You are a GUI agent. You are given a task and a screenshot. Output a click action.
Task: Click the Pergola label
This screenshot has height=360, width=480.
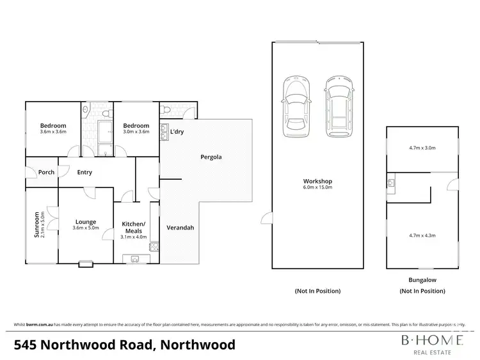click(211, 156)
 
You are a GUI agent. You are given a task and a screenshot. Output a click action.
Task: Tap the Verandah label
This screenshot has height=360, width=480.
click(180, 228)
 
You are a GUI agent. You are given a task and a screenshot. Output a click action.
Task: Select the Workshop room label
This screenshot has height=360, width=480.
click(317, 181)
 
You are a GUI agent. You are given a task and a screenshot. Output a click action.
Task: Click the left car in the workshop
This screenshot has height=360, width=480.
click(296, 107)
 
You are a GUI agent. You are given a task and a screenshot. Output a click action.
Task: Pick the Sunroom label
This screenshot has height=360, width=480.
click(36, 225)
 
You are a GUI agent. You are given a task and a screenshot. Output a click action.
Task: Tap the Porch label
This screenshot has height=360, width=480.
click(46, 172)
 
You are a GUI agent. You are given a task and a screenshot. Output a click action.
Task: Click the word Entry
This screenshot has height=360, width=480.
click(84, 172)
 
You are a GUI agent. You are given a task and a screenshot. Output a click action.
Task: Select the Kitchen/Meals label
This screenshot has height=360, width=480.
click(134, 227)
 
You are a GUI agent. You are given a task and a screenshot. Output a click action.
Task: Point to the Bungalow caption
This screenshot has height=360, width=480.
click(422, 279)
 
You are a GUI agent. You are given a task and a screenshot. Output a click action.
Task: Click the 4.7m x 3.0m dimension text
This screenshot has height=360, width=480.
click(422, 148)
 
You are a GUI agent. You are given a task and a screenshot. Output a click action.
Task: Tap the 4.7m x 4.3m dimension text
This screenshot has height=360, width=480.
click(422, 235)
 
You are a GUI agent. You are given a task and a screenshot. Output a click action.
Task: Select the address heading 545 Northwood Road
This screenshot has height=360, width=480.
click(124, 345)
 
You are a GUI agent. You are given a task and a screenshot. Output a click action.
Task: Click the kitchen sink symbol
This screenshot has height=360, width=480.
click(136, 258)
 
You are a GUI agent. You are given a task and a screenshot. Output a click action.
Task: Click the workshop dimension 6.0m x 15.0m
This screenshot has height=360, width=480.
click(317, 189)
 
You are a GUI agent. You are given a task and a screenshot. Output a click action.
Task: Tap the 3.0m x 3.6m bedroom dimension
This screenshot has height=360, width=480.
click(136, 132)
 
